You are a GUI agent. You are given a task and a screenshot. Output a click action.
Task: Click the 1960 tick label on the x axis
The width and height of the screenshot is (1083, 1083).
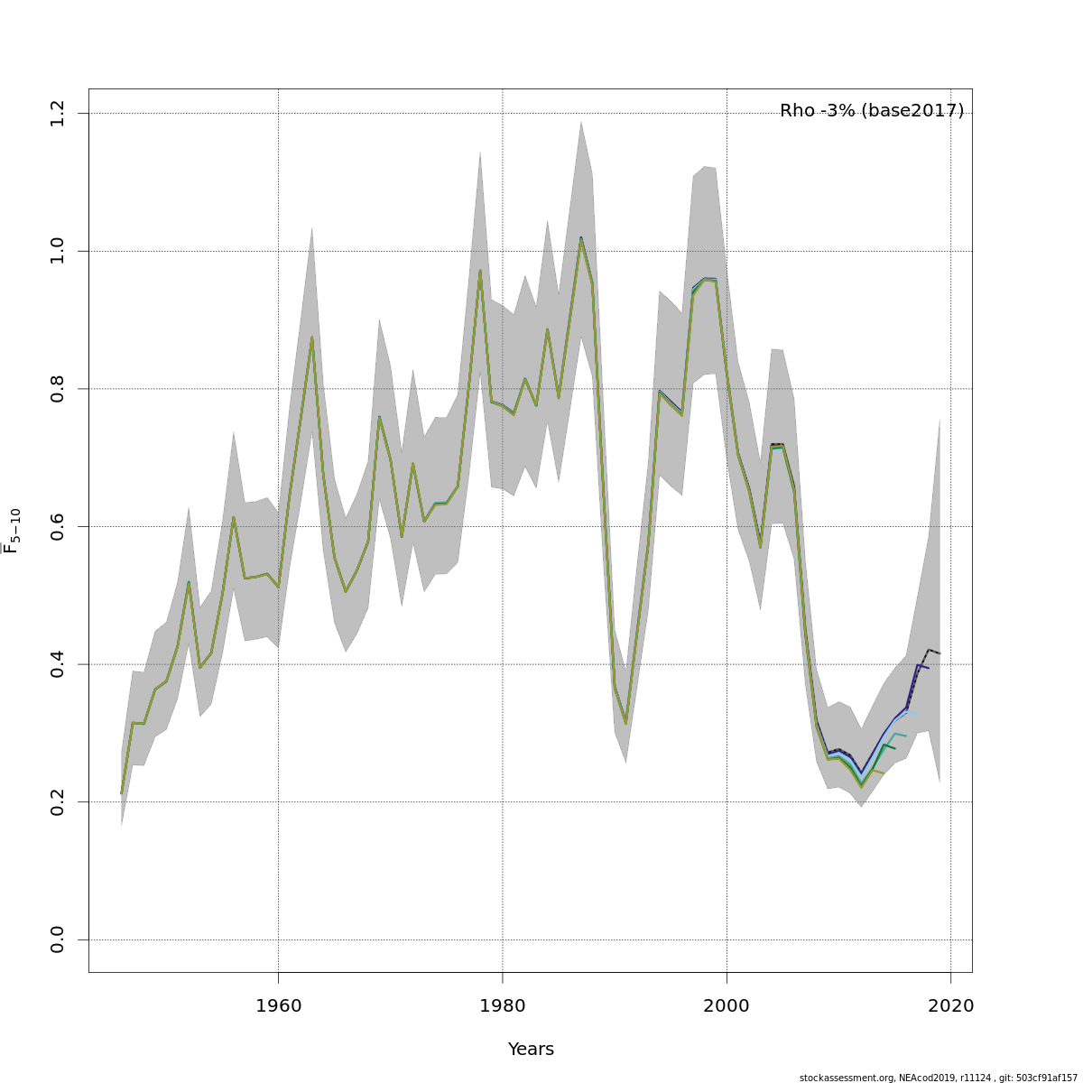(x=278, y=1005)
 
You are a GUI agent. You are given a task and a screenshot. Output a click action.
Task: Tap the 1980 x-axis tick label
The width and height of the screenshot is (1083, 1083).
(x=503, y=1005)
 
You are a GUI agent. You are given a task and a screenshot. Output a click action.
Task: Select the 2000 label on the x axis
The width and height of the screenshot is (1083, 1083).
(x=727, y=1005)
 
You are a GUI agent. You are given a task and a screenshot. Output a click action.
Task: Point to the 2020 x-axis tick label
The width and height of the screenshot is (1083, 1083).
(x=951, y=1005)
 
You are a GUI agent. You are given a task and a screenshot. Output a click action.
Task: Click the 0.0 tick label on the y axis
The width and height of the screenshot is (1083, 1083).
(x=58, y=940)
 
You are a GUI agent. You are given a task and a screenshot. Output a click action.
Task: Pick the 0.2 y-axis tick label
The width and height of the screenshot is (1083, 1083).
(x=58, y=801)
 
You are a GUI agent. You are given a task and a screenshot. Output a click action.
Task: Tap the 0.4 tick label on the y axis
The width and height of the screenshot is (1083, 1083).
(x=58, y=664)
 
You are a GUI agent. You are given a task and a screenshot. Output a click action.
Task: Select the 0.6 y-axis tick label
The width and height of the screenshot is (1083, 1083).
(x=58, y=526)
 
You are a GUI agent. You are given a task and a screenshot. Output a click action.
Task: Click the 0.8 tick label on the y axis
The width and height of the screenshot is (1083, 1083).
(x=58, y=388)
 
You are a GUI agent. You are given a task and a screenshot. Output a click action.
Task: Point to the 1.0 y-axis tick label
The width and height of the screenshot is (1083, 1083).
(x=58, y=251)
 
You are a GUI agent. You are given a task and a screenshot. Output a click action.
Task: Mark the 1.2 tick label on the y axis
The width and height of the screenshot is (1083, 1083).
(x=58, y=113)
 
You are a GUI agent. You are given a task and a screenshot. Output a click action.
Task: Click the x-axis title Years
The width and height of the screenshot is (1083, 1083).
(x=531, y=1050)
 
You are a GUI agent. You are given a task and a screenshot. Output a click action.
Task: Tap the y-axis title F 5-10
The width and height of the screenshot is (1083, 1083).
(x=13, y=531)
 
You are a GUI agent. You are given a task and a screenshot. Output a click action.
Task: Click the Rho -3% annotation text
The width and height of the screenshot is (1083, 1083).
(x=818, y=111)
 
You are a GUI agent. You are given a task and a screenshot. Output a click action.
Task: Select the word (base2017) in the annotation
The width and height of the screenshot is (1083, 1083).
(x=912, y=111)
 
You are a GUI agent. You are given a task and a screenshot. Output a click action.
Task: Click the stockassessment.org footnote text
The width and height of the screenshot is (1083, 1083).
(x=939, y=1078)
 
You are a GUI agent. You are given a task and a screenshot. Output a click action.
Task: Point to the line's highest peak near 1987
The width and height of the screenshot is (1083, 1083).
(x=581, y=238)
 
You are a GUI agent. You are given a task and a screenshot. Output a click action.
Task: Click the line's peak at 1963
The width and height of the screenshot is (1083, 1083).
(x=311, y=338)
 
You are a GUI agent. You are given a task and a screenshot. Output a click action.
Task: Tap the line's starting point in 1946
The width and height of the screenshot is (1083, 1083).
(x=121, y=793)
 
